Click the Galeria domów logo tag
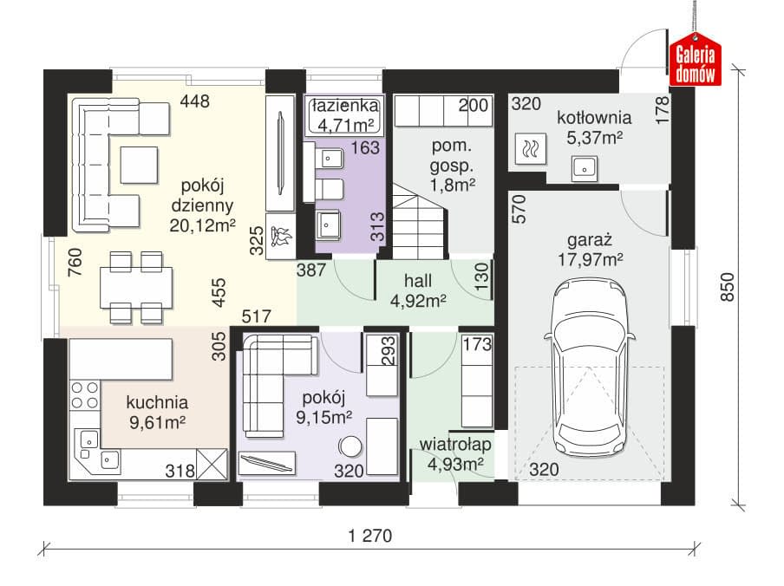[695, 60]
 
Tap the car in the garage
[590, 368]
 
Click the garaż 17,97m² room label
[590, 250]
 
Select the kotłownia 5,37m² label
[594, 127]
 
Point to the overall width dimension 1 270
[370, 536]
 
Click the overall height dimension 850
[728, 287]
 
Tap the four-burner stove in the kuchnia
[85, 395]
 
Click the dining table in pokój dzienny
[136, 288]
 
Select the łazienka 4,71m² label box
[345, 115]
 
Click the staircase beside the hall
[419, 221]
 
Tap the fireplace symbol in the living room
[280, 237]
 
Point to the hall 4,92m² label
[418, 290]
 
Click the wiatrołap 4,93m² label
[455, 454]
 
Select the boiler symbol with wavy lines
[530, 149]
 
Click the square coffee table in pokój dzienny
[139, 165]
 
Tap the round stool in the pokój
[350, 446]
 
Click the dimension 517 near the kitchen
[256, 316]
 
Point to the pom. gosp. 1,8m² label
[453, 166]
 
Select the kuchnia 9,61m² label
[157, 412]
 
